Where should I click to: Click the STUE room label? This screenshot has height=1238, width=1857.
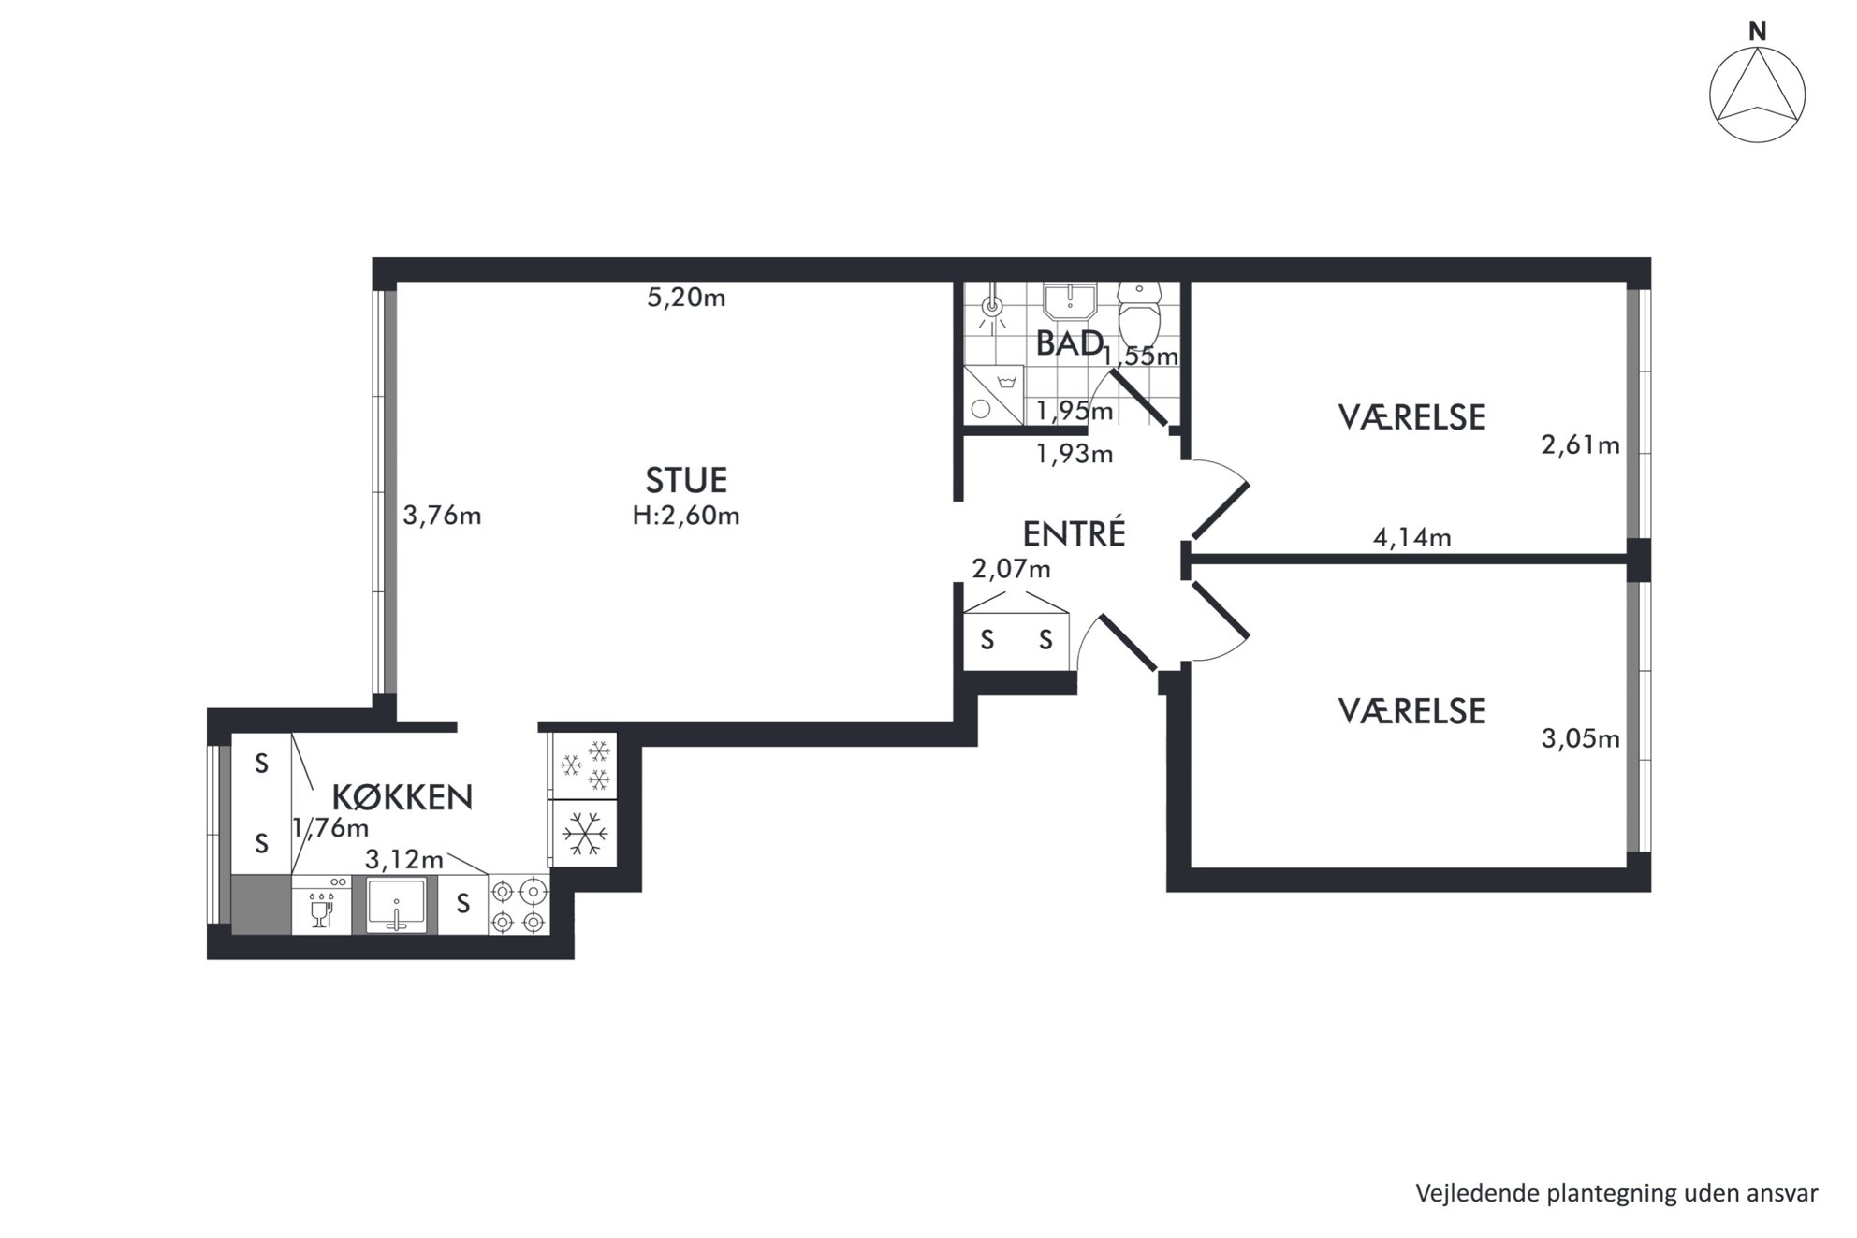(x=686, y=480)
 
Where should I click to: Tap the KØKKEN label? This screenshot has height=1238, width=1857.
(x=402, y=797)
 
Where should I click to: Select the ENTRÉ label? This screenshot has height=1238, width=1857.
(x=1074, y=533)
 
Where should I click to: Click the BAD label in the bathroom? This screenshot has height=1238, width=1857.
(x=1069, y=343)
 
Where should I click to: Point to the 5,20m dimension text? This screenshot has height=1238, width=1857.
(x=686, y=298)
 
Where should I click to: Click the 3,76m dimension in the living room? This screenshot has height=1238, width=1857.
(x=442, y=516)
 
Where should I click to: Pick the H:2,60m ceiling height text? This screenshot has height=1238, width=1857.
(x=686, y=516)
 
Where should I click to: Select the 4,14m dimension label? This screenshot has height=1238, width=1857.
(x=1411, y=537)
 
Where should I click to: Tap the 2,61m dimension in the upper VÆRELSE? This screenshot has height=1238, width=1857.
(x=1580, y=444)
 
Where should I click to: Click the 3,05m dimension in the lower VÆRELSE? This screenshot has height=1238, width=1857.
(x=1580, y=738)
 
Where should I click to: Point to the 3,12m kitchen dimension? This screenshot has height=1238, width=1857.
(x=404, y=859)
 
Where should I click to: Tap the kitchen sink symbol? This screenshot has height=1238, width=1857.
(x=396, y=905)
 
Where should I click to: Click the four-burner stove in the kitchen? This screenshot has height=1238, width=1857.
(x=519, y=906)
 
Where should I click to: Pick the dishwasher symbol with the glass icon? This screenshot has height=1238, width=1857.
(x=321, y=905)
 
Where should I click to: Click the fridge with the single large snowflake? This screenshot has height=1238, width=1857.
(x=584, y=833)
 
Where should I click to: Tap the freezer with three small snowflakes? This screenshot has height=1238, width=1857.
(x=584, y=765)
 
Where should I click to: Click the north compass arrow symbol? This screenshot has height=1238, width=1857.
(x=1757, y=94)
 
